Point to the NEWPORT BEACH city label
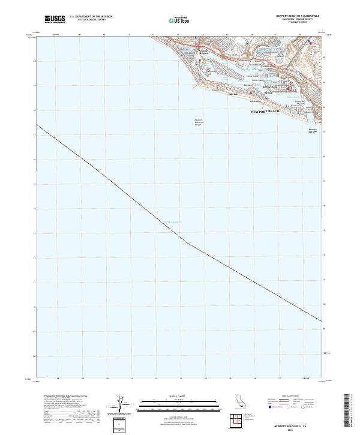click(265, 111)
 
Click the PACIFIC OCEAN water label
click(169, 221)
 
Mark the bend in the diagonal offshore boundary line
click(188, 243)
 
